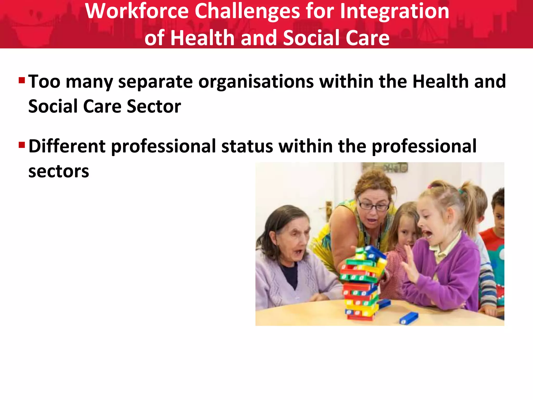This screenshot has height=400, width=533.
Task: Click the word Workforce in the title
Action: click(x=137, y=11)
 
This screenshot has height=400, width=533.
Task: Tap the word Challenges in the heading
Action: click(x=247, y=12)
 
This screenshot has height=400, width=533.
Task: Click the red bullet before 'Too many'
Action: click(x=22, y=80)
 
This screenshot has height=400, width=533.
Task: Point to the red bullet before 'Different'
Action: click(x=22, y=145)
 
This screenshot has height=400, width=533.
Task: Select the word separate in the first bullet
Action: click(x=156, y=82)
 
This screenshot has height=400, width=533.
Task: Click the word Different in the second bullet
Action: click(x=67, y=146)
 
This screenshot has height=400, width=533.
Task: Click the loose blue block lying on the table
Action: click(x=409, y=318)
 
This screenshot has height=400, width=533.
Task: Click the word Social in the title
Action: click(x=311, y=38)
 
